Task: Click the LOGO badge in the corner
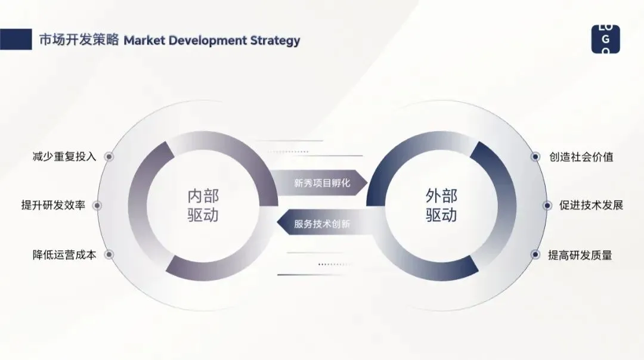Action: point(605,39)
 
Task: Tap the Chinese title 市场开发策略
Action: point(79,41)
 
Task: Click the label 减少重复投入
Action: point(64,157)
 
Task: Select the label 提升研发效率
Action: point(53,206)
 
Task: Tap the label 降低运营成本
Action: point(64,255)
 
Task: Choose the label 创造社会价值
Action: point(581,157)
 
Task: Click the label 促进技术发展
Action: point(591,206)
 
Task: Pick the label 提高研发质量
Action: point(580,255)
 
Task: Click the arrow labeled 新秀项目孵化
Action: point(320,183)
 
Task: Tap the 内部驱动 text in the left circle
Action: point(203,205)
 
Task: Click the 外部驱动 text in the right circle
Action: point(441,205)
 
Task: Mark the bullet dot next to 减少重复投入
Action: point(109,157)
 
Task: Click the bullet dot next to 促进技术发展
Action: point(547,206)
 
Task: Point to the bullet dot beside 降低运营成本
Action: point(109,255)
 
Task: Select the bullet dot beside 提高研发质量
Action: point(535,255)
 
